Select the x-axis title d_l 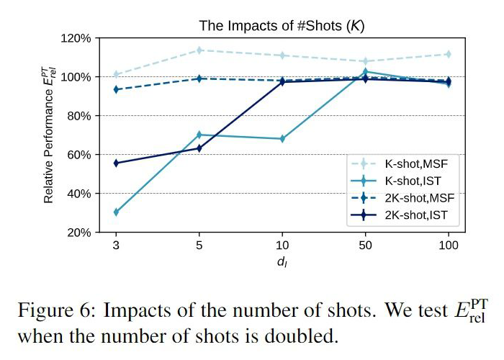tap(282, 262)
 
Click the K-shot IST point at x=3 tap(116, 212)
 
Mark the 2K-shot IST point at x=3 tap(116, 163)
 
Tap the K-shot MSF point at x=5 tap(199, 50)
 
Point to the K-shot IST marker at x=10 tap(282, 138)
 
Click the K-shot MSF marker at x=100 tap(448, 54)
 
